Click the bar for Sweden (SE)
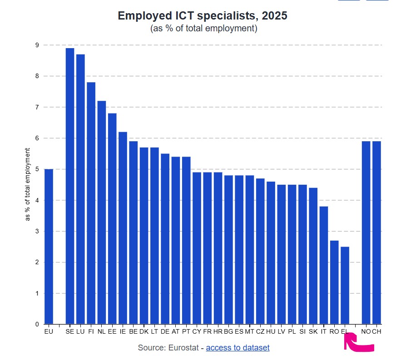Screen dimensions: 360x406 click(x=70, y=186)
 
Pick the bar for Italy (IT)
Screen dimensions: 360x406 click(x=324, y=265)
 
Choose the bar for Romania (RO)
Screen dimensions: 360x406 click(x=334, y=282)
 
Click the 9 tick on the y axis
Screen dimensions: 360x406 click(x=36, y=45)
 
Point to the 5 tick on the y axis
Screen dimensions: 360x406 click(x=36, y=169)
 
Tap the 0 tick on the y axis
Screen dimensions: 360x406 click(x=36, y=324)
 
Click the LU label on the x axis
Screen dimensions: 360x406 click(x=80, y=332)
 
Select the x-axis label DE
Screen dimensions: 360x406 click(x=165, y=332)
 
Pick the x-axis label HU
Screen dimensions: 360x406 click(x=271, y=332)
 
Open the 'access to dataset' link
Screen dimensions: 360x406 click(x=238, y=348)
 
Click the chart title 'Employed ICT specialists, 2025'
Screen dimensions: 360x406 click(x=203, y=16)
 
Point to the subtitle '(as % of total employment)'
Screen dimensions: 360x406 click(x=204, y=29)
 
